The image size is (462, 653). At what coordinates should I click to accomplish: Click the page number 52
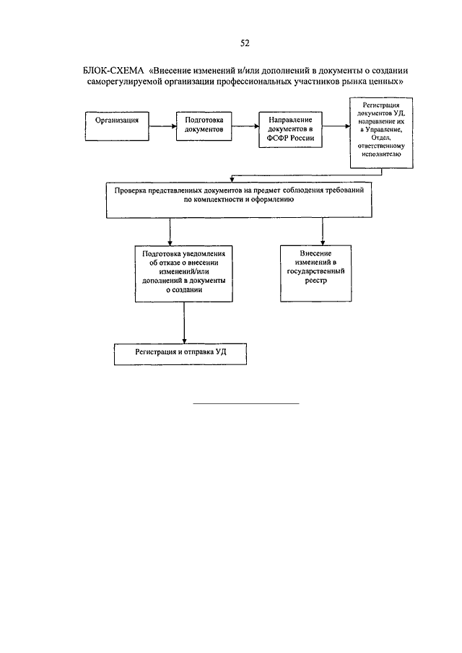tap(245, 43)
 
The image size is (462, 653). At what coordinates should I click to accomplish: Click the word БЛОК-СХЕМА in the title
tap(113, 71)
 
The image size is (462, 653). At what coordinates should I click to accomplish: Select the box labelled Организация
tap(117, 126)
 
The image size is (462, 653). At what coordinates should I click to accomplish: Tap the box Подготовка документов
tap(204, 126)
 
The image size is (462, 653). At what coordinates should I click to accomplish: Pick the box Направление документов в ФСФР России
tap(290, 129)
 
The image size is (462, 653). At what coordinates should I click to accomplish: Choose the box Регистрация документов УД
tap(381, 133)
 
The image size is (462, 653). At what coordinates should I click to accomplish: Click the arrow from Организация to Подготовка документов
tap(162, 126)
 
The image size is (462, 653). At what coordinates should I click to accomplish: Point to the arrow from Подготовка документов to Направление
tap(245, 126)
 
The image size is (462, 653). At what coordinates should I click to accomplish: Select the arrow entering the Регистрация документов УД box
tap(336, 126)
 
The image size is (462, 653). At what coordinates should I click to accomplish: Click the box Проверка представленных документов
tap(239, 200)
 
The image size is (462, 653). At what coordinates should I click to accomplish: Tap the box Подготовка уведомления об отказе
tap(183, 273)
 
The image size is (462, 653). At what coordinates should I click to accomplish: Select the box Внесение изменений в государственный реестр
tap(315, 273)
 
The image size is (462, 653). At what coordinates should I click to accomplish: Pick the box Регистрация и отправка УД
tap(180, 354)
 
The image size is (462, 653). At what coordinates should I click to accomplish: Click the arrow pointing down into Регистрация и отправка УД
tap(184, 323)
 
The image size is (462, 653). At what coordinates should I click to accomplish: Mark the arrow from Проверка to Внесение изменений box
tap(323, 231)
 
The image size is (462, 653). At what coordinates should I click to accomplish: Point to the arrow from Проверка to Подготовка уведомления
tap(170, 232)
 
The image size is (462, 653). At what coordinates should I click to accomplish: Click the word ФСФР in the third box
tap(278, 138)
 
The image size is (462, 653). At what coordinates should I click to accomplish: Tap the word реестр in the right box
tap(315, 281)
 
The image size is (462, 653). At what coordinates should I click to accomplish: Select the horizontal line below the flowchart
tap(246, 403)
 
